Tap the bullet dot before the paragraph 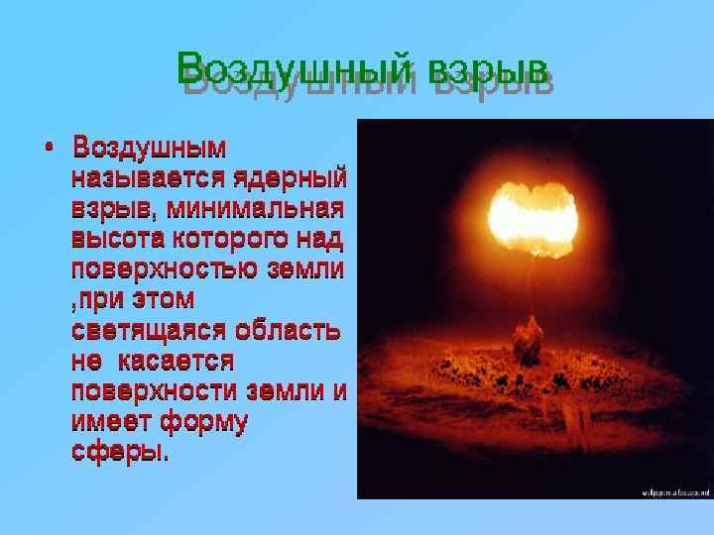[x=50, y=150]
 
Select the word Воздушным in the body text [x=150, y=150]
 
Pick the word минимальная [x=255, y=210]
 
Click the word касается [x=174, y=361]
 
